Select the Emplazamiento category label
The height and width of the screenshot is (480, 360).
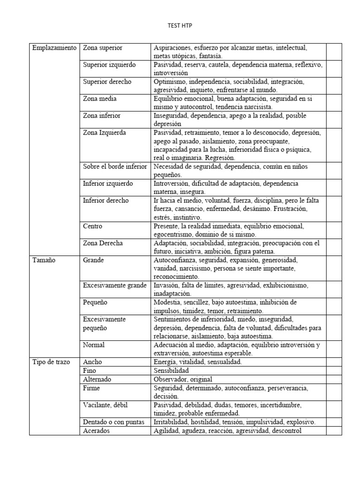click(54, 48)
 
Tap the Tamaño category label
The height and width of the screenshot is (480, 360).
click(44, 260)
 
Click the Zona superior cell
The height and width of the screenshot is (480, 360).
click(103, 48)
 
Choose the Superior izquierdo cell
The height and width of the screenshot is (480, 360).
click(109, 65)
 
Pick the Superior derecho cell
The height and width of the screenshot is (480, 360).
click(107, 82)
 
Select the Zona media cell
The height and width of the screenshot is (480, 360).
click(100, 98)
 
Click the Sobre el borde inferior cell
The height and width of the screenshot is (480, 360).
click(115, 166)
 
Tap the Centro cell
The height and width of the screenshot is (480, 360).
click(93, 226)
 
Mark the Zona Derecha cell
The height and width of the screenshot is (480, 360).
click(103, 243)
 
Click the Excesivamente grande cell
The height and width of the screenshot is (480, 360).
click(115, 285)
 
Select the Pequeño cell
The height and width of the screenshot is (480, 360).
click(95, 302)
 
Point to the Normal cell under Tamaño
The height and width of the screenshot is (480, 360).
click(94, 345)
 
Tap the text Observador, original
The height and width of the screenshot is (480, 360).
click(183, 379)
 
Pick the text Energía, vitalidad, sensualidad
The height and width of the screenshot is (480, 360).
click(197, 362)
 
